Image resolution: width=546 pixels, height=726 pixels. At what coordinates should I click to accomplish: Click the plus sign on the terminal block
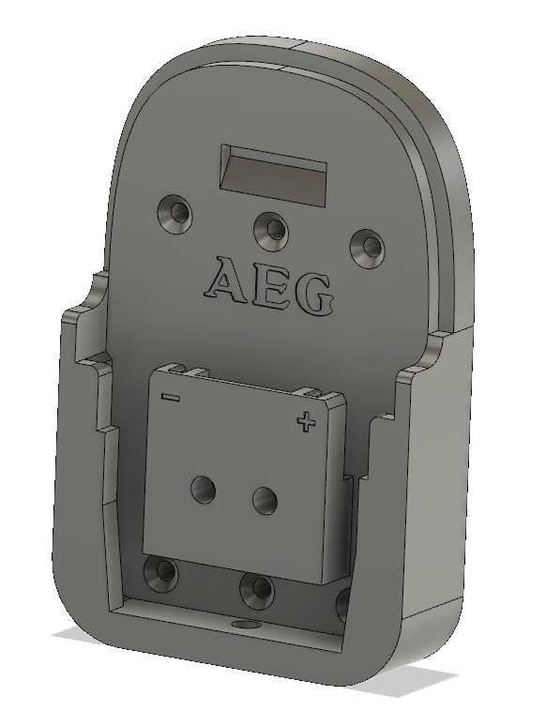click(x=304, y=423)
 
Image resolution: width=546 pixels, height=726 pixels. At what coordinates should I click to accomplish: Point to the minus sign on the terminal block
click(x=170, y=397)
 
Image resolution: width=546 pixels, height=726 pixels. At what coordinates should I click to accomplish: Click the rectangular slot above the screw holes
click(x=274, y=174)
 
